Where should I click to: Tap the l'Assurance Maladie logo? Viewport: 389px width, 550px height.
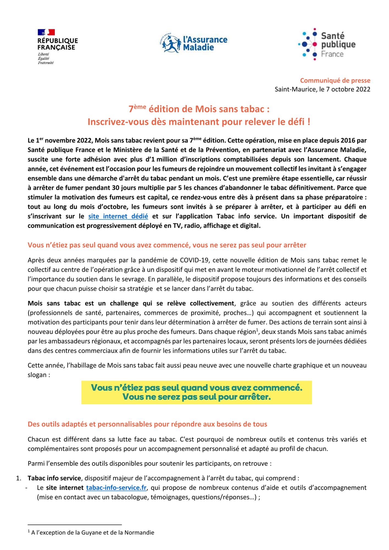tap(194, 43)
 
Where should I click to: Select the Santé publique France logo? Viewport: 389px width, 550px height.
tap(327, 44)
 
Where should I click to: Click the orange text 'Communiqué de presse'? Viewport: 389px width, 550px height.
tap(335, 81)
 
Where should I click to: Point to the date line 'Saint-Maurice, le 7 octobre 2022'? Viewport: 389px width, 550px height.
tap(322, 89)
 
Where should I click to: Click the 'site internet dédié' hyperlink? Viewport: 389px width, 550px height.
tap(118, 216)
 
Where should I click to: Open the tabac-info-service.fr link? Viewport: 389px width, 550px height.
tap(116, 488)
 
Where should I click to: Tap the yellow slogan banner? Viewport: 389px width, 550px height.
tap(196, 392)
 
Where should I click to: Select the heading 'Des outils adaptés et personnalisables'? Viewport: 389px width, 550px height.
tap(147, 424)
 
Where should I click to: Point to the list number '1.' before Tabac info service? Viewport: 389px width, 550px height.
tap(19, 478)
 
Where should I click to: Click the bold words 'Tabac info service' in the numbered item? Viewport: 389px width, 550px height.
tap(54, 478)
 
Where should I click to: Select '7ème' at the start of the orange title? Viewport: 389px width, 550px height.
tap(137, 109)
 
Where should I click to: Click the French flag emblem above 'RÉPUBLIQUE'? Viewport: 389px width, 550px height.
tap(46, 32)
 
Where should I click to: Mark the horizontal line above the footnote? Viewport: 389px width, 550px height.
tap(75, 524)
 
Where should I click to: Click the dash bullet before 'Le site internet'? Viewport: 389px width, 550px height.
tap(26, 488)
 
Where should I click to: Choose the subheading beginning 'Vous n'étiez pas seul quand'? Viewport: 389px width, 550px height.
tap(167, 245)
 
